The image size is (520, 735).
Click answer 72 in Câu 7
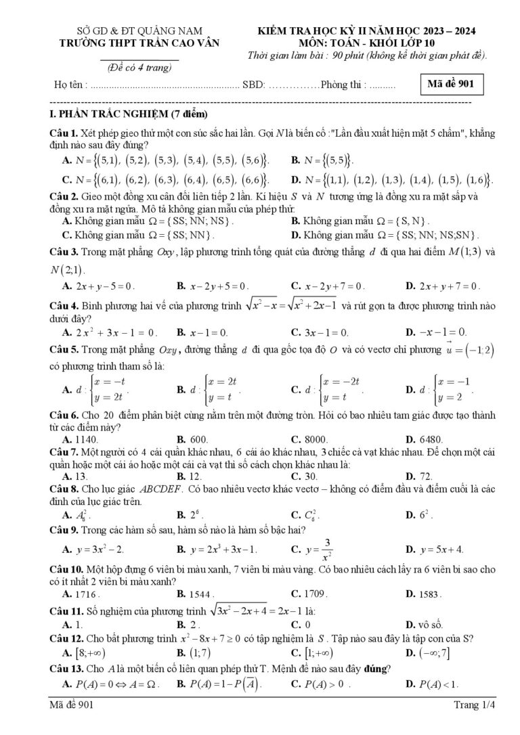(427, 476)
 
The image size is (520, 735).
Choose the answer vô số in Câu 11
(430, 624)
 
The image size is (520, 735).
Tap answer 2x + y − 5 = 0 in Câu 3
(105, 286)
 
